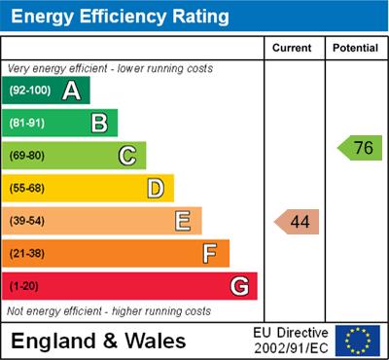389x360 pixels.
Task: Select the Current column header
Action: [293, 48]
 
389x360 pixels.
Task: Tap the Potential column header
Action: [355, 48]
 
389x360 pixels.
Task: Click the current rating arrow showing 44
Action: [298, 222]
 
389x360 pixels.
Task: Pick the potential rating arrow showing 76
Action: [361, 148]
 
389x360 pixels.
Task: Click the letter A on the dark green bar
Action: [71, 90]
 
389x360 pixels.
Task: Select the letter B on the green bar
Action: [99, 123]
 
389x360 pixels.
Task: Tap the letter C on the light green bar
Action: [127, 156]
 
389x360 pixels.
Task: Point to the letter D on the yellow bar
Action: [156, 188]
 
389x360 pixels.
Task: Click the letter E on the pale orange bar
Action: [183, 221]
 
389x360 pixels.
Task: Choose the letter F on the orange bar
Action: [210, 254]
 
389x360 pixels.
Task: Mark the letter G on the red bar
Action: [239, 287]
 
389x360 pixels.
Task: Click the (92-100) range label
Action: [30, 91]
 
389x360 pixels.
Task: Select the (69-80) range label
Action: [28, 156]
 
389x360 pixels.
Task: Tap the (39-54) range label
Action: [28, 221]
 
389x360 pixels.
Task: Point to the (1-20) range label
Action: [24, 287]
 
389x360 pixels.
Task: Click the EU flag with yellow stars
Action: [358, 340]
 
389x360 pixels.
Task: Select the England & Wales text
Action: [98, 341]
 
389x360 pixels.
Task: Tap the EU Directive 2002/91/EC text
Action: [292, 340]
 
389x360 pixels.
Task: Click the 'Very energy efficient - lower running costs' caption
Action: [109, 69]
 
